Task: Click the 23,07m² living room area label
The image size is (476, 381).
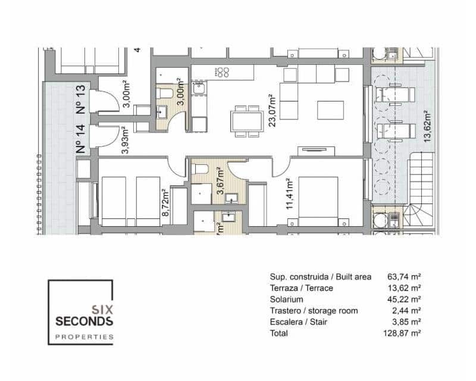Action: pos(271,110)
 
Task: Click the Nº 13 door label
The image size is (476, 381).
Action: pos(82,98)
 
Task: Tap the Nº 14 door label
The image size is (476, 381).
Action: pos(82,140)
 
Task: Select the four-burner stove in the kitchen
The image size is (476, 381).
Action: pos(222,72)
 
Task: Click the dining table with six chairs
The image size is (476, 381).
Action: pos(246,121)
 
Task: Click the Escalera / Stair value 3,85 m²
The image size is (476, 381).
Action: pos(405,322)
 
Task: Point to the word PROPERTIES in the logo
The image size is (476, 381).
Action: pos(84,336)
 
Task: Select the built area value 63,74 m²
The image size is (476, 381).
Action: pos(405,277)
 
